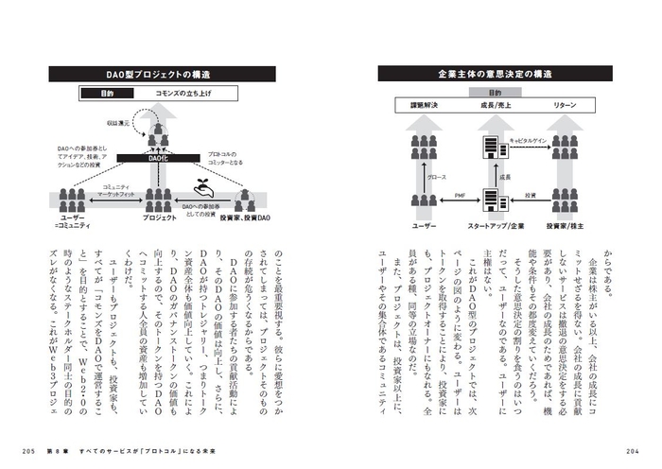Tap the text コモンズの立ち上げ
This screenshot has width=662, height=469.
click(184, 95)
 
